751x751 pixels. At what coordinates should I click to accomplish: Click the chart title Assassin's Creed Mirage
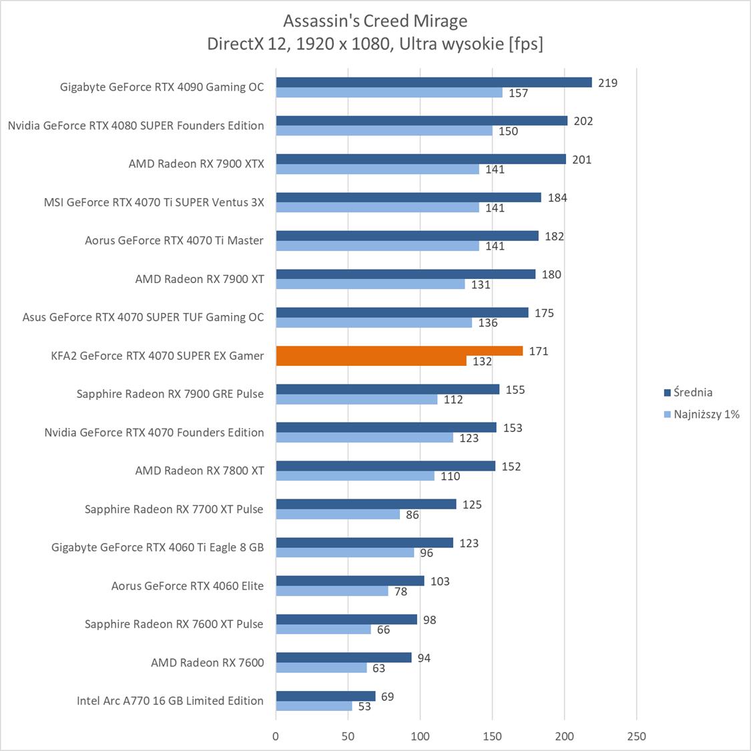coord(375,21)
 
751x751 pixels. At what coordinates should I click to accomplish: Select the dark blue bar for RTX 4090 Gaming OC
coord(434,82)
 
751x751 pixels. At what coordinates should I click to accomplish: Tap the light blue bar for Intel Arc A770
coord(314,706)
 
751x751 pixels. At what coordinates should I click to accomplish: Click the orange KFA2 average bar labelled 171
coord(399,351)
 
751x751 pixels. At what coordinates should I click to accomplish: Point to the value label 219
coord(607,83)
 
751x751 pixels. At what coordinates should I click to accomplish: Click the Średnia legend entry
coord(692,393)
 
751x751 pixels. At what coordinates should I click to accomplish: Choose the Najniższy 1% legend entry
coord(706,415)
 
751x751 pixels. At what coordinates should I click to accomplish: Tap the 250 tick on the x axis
coord(636,736)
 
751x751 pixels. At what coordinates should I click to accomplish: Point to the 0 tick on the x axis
coord(276,736)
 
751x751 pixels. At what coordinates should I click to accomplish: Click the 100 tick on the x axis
coord(420,736)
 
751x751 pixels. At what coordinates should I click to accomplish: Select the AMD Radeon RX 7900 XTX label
coord(196,164)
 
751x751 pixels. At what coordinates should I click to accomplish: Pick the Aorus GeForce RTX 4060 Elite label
coord(188,586)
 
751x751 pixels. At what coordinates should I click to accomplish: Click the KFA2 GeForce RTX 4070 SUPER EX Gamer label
coord(158,356)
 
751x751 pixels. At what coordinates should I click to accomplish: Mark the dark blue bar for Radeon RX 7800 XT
coord(385,466)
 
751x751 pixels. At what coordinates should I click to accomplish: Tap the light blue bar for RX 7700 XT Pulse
coord(338,515)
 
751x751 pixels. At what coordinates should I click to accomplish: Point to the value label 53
coord(364,706)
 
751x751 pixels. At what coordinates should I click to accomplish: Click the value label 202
coord(583,121)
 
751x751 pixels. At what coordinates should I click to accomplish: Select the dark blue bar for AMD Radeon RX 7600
coord(343,658)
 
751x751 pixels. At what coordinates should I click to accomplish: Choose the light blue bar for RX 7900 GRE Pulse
coord(356,399)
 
